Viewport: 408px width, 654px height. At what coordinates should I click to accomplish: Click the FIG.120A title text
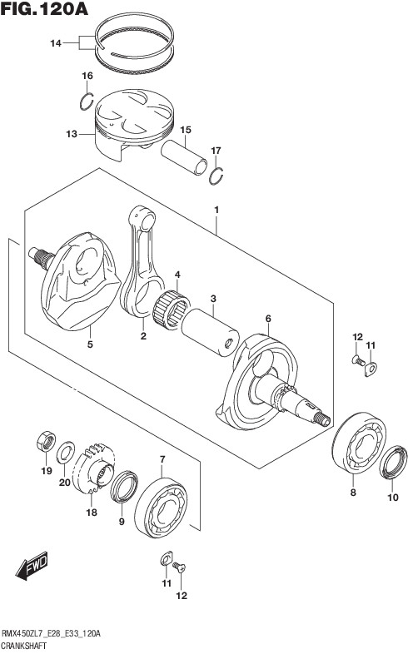click(44, 9)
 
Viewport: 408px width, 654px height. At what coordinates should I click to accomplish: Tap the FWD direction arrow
click(32, 566)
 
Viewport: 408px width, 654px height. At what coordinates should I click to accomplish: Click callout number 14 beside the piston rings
click(56, 43)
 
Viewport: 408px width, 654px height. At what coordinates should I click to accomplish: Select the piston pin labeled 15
click(184, 156)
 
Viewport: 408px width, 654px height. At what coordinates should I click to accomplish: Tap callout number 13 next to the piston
click(72, 134)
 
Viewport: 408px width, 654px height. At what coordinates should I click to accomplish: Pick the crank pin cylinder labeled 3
click(211, 332)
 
